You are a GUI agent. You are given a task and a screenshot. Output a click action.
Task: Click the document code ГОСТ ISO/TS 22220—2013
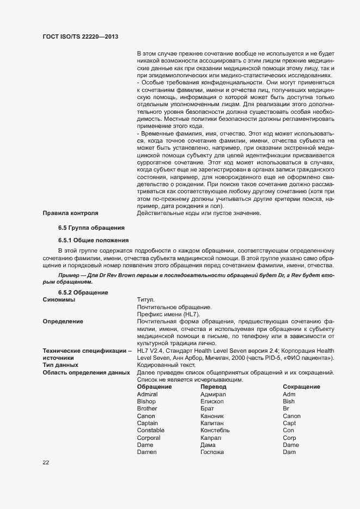[81, 37]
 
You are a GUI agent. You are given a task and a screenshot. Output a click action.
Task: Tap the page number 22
[46, 462]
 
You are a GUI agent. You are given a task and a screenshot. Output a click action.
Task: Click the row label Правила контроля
[70, 212]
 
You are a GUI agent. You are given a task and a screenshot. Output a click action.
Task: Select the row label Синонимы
[59, 299]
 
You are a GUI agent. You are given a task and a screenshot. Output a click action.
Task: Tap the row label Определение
[63, 321]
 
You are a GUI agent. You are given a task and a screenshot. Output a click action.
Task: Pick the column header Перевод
[213, 386]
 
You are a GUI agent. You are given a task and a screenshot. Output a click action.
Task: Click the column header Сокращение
[301, 386]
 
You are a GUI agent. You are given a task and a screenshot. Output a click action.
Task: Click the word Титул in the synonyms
[146, 299]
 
